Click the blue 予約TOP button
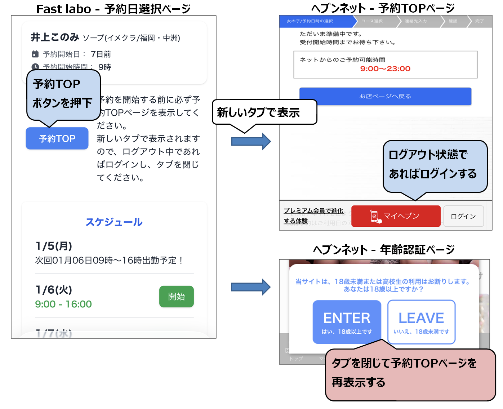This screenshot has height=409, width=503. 57,138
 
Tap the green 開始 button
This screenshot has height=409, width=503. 176,297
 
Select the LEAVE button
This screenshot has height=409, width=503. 421,322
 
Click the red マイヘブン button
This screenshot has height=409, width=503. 396,216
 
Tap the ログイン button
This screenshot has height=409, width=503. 463,216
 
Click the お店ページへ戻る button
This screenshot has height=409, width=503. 385,96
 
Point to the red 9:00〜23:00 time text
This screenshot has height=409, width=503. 385,68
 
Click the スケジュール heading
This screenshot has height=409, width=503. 114,222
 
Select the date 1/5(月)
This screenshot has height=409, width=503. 54,246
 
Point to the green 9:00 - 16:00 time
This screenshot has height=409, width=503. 63,304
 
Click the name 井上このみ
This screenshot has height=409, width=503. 55,37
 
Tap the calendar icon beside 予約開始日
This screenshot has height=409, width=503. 35,54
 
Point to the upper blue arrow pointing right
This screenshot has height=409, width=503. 251,141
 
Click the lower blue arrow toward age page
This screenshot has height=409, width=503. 251,287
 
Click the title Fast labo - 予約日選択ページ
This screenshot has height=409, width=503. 113,9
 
